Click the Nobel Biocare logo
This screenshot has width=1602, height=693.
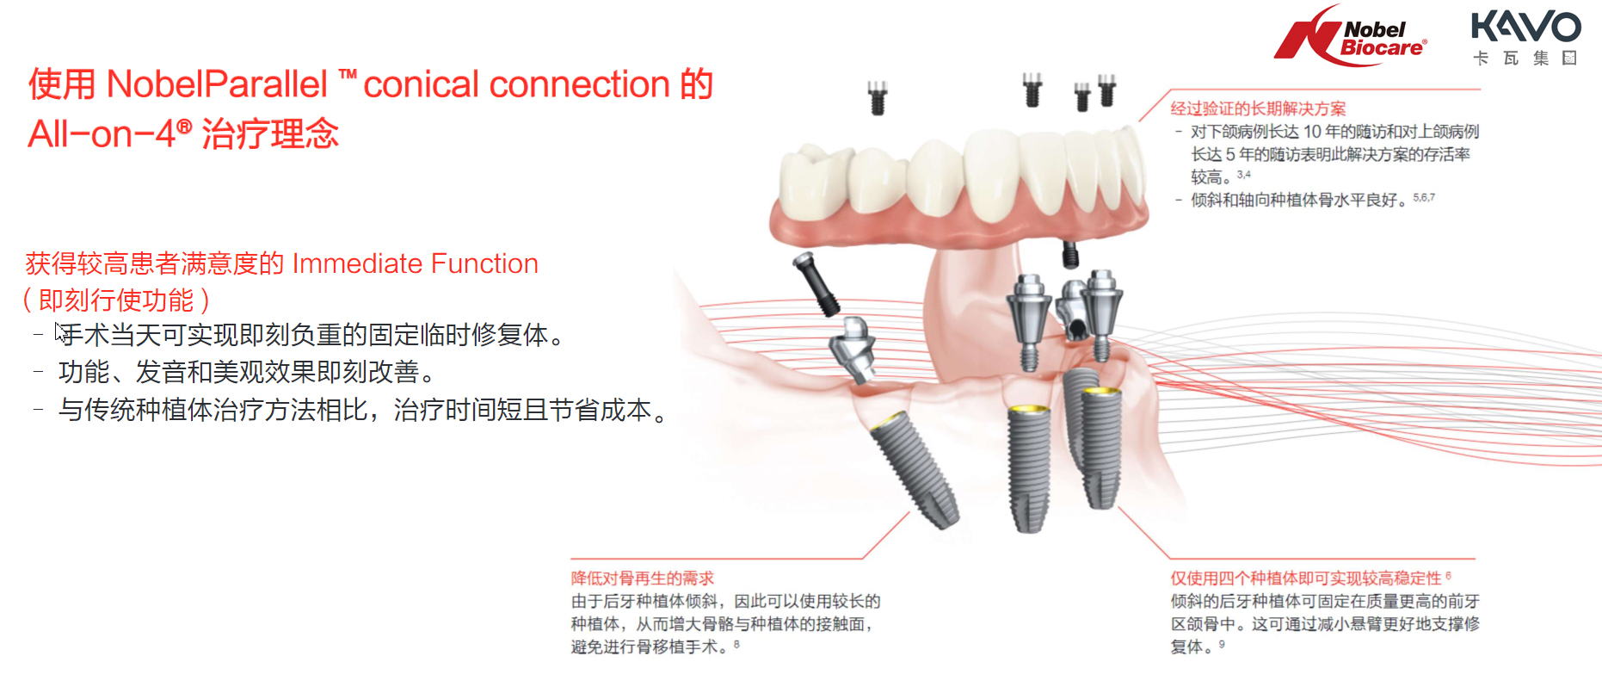click(x=1350, y=36)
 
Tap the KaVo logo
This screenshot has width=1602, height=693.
click(x=1525, y=37)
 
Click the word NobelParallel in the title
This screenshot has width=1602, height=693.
click(x=217, y=84)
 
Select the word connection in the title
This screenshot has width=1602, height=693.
click(x=579, y=84)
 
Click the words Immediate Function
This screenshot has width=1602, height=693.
click(x=416, y=263)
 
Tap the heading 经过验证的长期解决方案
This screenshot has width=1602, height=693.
click(x=1258, y=108)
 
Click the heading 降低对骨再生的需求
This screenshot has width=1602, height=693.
click(x=643, y=579)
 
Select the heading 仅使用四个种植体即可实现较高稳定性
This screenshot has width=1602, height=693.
click(x=1305, y=579)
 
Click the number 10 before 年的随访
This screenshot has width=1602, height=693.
click(x=1312, y=132)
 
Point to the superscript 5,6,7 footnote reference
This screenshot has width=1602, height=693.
click(x=1424, y=197)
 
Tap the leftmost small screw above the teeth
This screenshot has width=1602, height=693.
click(x=878, y=97)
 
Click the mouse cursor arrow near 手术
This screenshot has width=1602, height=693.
click(x=60, y=332)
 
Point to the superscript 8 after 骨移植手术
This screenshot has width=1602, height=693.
click(x=736, y=643)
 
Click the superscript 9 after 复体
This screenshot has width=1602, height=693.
click(x=1222, y=643)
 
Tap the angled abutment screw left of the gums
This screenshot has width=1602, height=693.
click(x=817, y=285)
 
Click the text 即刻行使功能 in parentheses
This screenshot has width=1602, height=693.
click(x=116, y=300)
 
